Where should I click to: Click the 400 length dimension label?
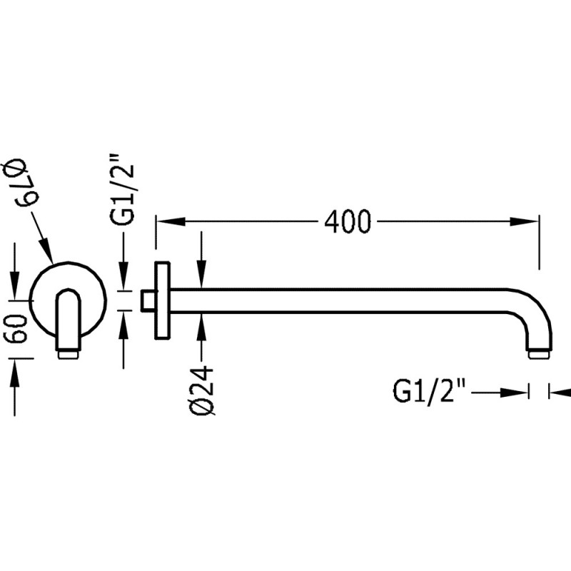click(x=348, y=222)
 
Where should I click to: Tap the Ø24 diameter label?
click(x=203, y=389)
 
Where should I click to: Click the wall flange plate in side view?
click(x=162, y=300)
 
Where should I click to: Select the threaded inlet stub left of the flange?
click(x=148, y=300)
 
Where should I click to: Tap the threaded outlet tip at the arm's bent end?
click(x=540, y=353)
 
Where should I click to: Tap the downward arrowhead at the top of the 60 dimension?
click(x=14, y=289)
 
